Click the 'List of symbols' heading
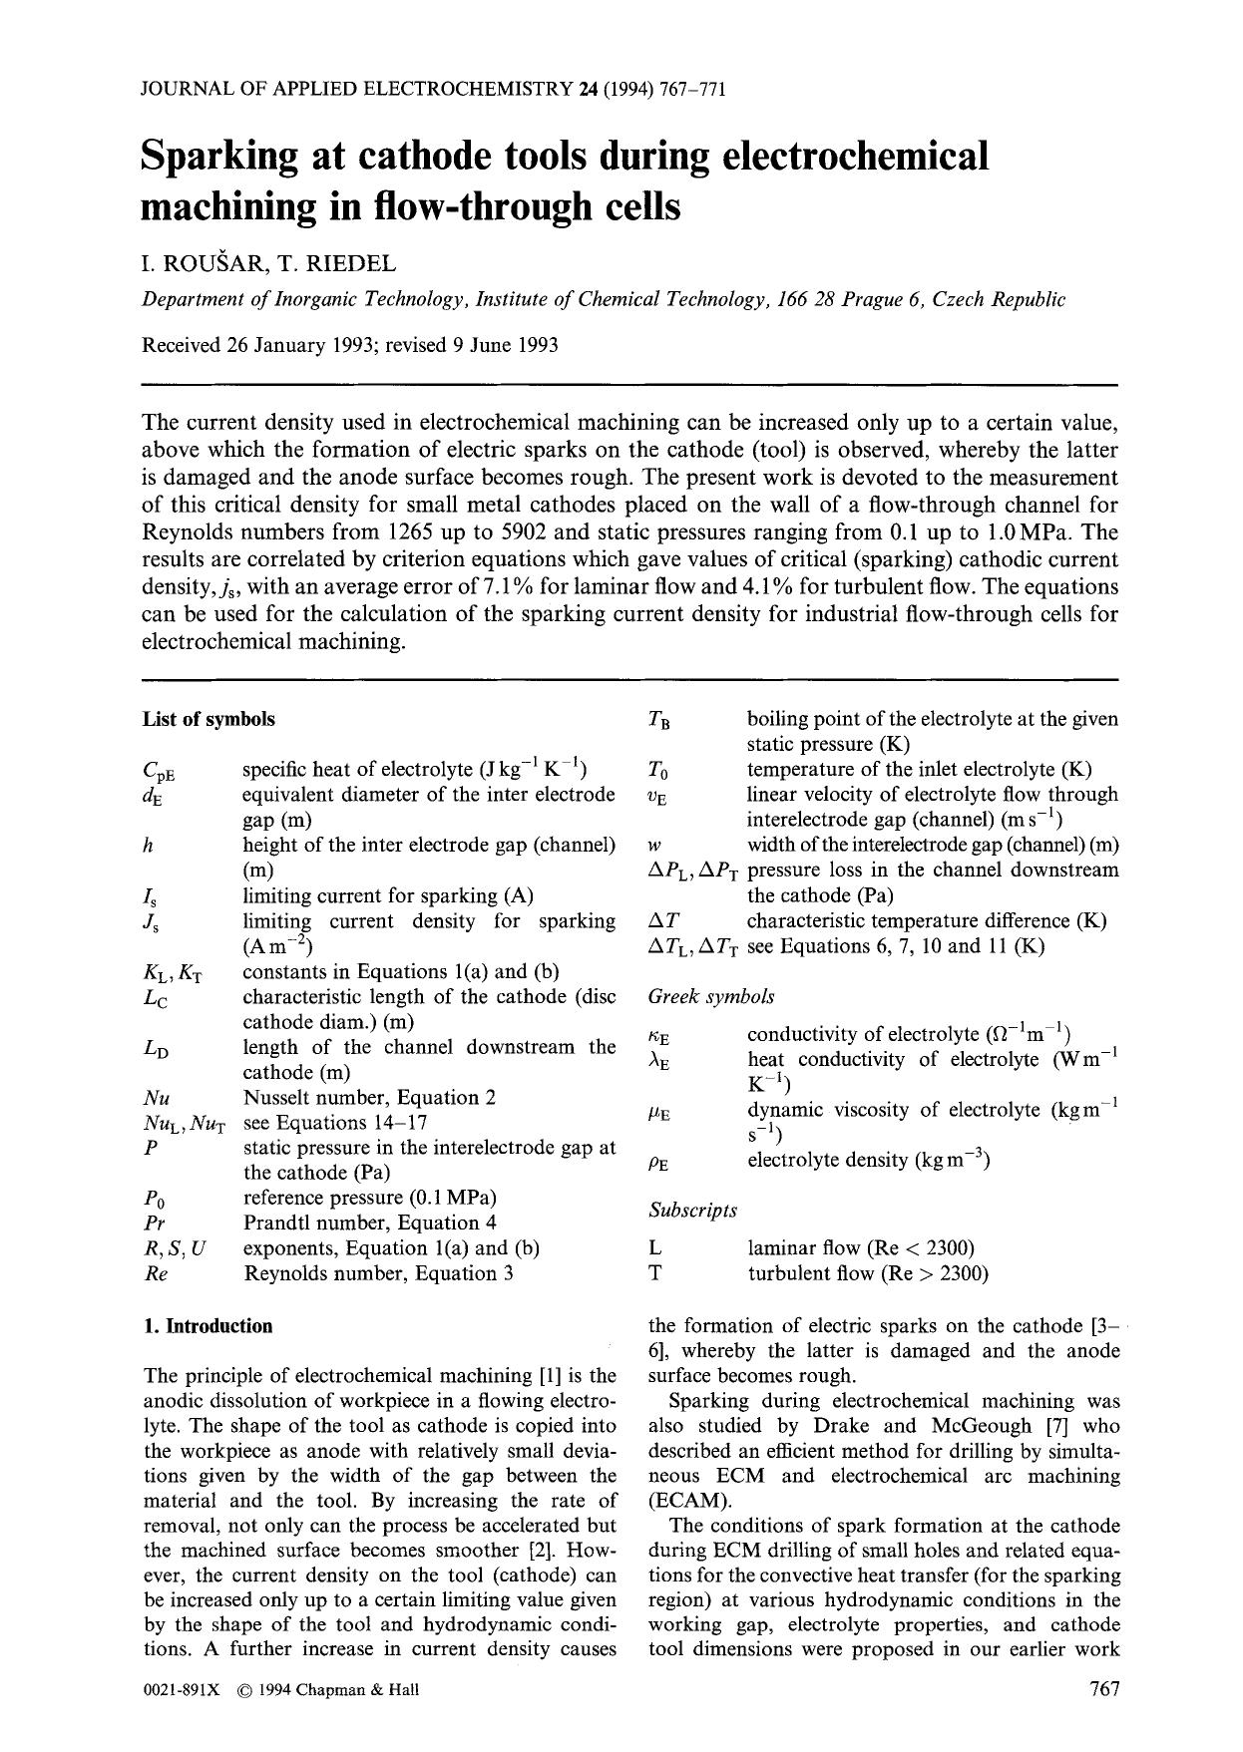(208, 719)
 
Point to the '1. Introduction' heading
(207, 1326)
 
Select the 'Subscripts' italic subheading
(692, 1210)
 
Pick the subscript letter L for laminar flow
(654, 1248)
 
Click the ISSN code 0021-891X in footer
(181, 1690)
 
